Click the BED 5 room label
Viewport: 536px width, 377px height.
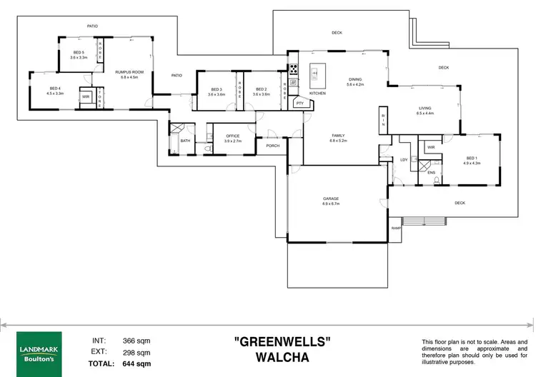[x=79, y=52]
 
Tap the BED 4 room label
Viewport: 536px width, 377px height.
[x=55, y=88]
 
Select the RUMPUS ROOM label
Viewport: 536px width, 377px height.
[x=129, y=71]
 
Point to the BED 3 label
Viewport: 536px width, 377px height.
[x=216, y=89]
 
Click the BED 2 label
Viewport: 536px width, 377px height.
[x=261, y=89]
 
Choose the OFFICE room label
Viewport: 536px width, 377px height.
[x=233, y=136]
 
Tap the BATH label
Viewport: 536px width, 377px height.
[x=185, y=141]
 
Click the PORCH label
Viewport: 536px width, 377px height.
[x=272, y=146]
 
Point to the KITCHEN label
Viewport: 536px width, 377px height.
[x=317, y=94]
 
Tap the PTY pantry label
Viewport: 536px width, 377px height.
[x=299, y=104]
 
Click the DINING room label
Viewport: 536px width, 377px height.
[x=355, y=79]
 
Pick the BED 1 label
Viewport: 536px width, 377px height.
[x=472, y=158]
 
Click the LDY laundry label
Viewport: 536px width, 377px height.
[x=404, y=160]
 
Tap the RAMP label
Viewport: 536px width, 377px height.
[x=396, y=228]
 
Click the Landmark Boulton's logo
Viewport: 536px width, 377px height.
[x=34, y=346]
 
